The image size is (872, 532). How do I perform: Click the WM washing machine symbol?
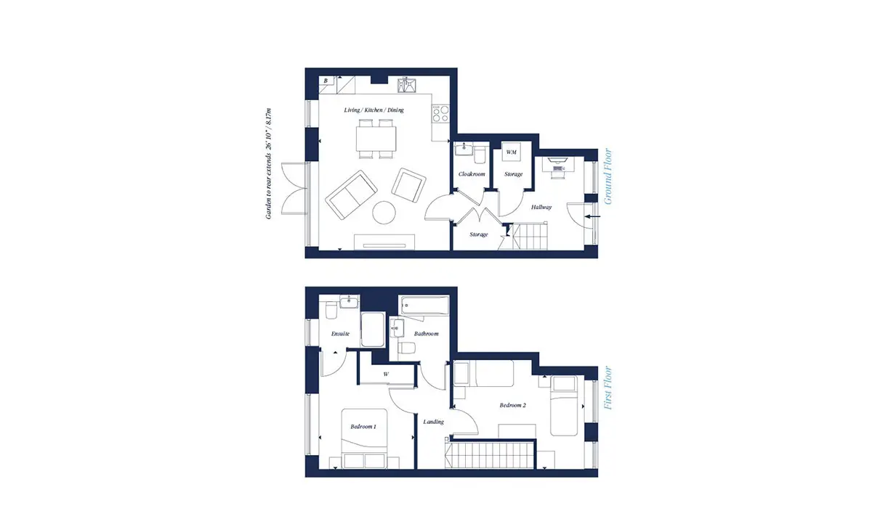tap(511, 152)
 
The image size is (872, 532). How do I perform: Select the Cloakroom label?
tap(472, 174)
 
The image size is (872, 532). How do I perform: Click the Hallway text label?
tap(541, 208)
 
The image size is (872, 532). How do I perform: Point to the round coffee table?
tap(384, 213)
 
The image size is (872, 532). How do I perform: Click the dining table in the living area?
tap(376, 139)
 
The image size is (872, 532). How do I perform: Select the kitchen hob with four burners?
tap(440, 113)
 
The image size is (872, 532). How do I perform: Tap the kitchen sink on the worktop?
tap(406, 85)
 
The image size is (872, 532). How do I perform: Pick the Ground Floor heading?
tap(607, 176)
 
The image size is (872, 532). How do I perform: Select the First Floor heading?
tap(607, 388)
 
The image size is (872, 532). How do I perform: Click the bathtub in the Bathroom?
tap(424, 306)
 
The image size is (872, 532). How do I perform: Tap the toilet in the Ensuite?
tap(331, 311)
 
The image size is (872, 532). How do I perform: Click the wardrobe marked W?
tap(387, 374)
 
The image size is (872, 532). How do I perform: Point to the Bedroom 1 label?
tap(363, 427)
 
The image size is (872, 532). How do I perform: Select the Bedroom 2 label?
tap(513, 405)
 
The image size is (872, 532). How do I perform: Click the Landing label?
tap(433, 422)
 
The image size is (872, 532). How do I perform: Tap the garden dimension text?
tap(268, 164)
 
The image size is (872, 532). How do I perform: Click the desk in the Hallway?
tap(558, 164)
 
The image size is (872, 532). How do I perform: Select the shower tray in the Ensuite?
tap(373, 330)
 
